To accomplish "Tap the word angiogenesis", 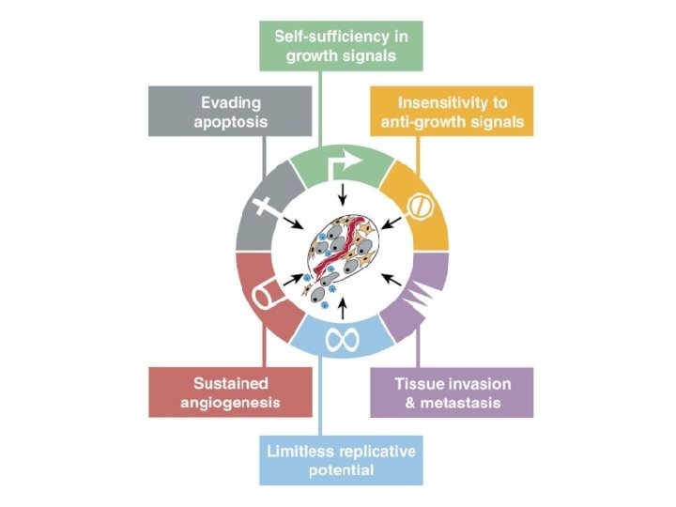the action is [x=230, y=404].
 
